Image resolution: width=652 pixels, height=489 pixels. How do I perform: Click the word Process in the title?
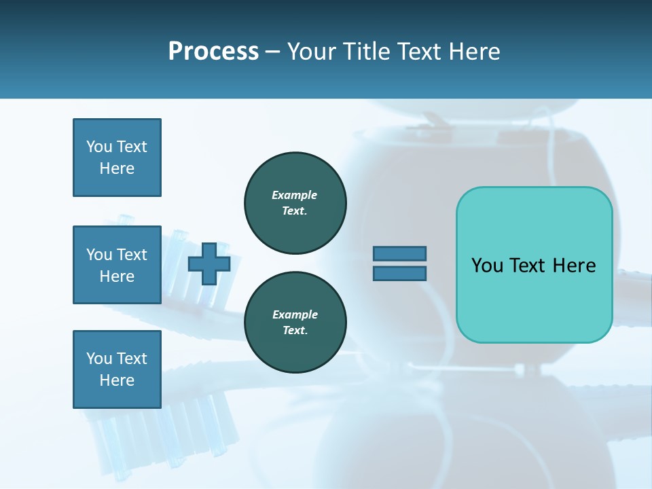tap(213, 52)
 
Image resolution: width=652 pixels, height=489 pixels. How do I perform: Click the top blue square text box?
tap(117, 158)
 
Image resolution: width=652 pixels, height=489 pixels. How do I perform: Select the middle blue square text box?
tap(117, 265)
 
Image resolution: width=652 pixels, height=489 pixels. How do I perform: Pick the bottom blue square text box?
tap(117, 369)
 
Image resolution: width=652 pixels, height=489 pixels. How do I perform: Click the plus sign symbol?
tap(209, 264)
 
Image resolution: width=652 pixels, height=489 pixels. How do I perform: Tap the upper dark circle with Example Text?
tap(295, 203)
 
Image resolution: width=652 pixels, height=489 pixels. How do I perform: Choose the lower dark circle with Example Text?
tap(295, 323)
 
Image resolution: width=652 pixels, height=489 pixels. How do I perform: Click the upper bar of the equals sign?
tap(399, 254)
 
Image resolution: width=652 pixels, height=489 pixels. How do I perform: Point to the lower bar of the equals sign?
tap(399, 274)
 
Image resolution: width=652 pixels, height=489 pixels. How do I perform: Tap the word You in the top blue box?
tap(98, 147)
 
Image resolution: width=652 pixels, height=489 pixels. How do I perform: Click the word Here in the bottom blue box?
tap(117, 380)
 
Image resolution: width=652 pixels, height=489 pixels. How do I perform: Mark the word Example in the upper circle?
tap(295, 195)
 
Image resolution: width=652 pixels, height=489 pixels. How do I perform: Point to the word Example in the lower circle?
tap(295, 314)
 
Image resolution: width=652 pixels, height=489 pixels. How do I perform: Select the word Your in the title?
tap(312, 52)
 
